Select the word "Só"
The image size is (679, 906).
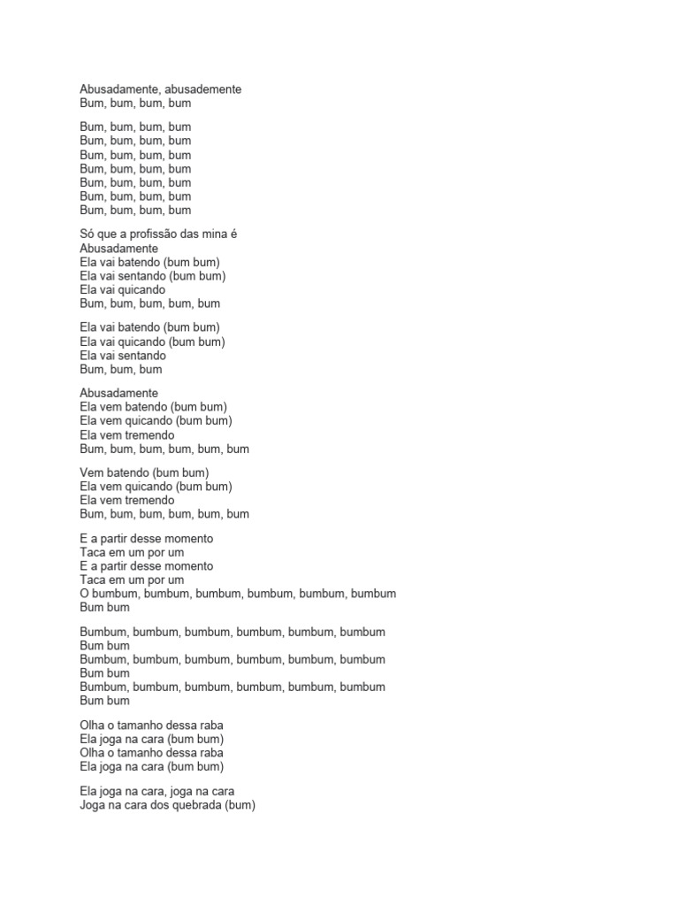click(x=88, y=234)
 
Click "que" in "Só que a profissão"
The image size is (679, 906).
click(x=110, y=234)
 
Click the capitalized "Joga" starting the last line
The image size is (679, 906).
click(x=94, y=806)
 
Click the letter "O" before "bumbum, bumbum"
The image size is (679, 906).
click(x=85, y=594)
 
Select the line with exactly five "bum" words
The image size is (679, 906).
click(x=149, y=303)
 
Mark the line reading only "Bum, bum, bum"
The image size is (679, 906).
click(x=120, y=370)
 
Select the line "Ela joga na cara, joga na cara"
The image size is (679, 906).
click(x=156, y=792)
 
